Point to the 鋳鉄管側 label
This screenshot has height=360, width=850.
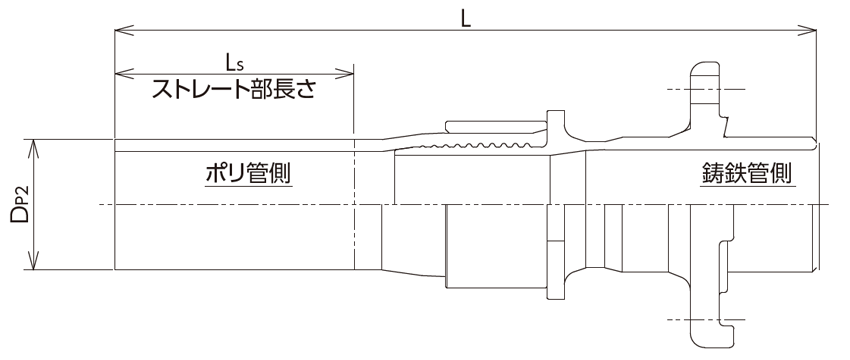point(746,171)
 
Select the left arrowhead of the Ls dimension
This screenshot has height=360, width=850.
point(121,73)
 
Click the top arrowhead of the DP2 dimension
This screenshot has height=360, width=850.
point(36,144)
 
